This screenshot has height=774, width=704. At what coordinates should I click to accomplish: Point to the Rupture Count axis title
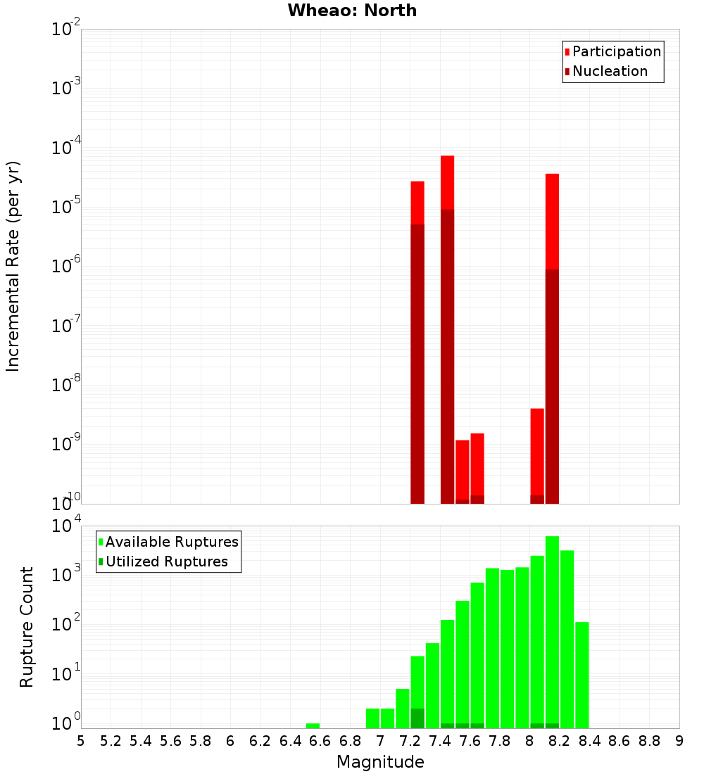[27, 627]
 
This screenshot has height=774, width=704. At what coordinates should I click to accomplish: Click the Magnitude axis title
[380, 761]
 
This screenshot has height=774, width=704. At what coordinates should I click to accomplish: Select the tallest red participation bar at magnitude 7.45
[447, 183]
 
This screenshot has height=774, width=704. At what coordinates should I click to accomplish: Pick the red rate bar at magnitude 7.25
[417, 204]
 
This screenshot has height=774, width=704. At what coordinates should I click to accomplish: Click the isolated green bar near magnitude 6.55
[313, 725]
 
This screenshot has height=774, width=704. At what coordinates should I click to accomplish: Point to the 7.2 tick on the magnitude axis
[410, 740]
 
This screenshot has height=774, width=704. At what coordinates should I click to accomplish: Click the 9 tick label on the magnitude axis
[679, 740]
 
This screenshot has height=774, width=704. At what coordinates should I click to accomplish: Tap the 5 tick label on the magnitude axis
[81, 740]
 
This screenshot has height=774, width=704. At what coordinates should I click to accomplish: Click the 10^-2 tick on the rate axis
[66, 30]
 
